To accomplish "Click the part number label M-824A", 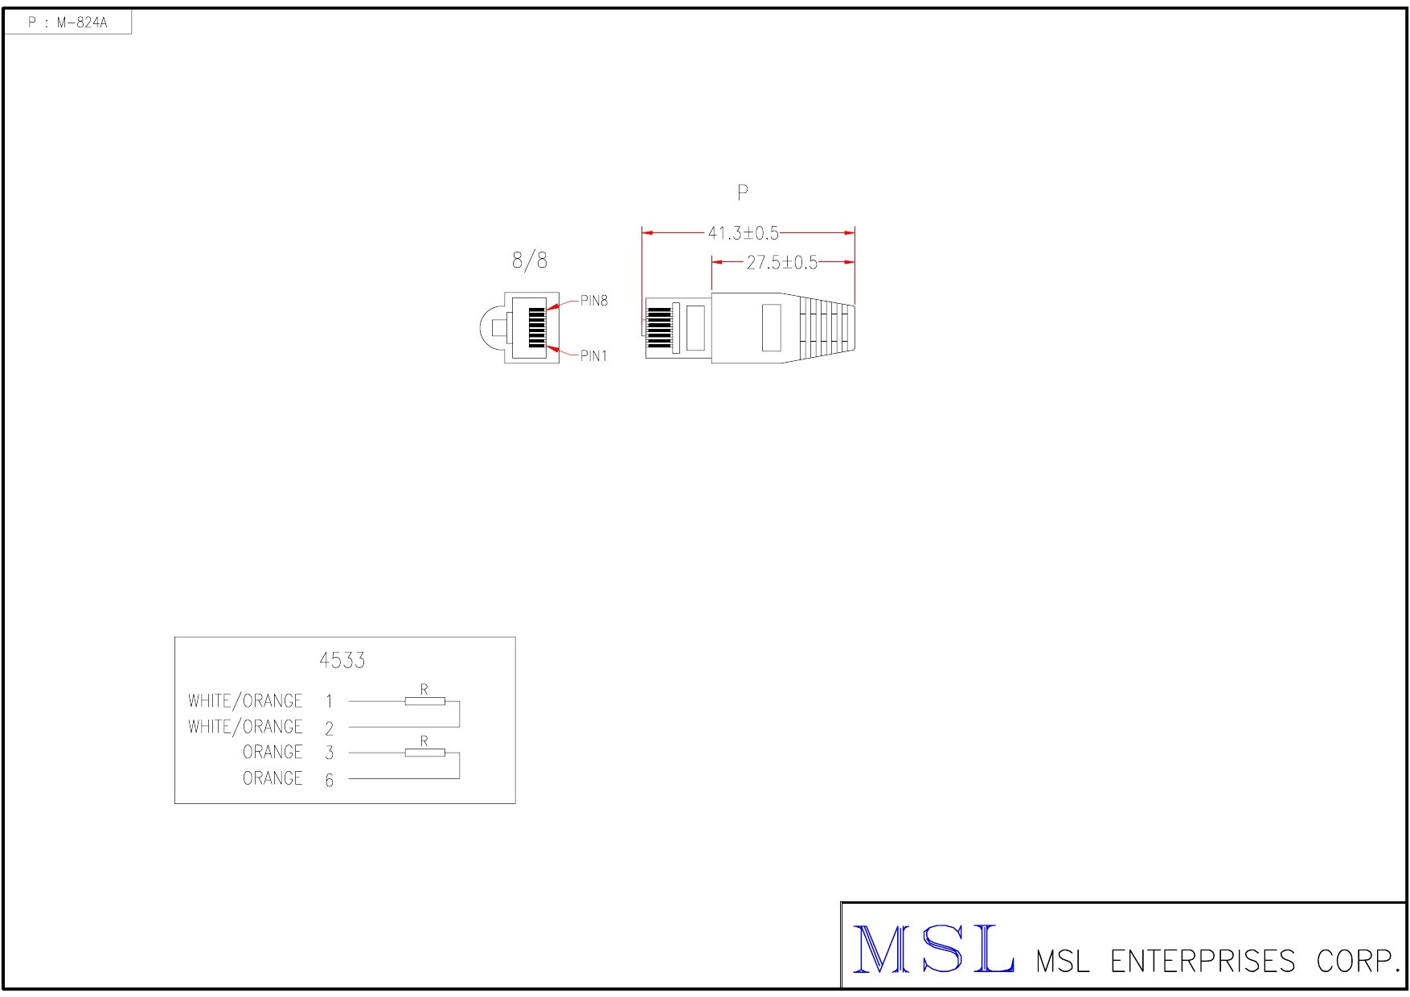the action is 81,23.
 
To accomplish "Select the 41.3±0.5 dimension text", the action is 743,233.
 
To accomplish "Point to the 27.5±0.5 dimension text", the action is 781,262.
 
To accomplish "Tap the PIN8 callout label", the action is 594,301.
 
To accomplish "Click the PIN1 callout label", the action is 594,356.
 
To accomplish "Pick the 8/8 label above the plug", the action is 530,261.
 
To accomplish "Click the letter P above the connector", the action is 743,193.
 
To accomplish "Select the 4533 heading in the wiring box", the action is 342,660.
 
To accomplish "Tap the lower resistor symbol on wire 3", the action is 424,753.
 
